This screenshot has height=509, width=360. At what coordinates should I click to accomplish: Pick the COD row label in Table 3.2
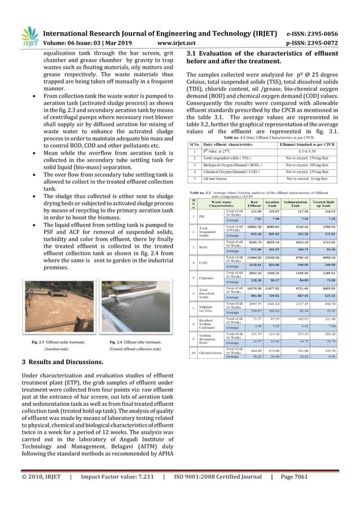click(202, 263)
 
